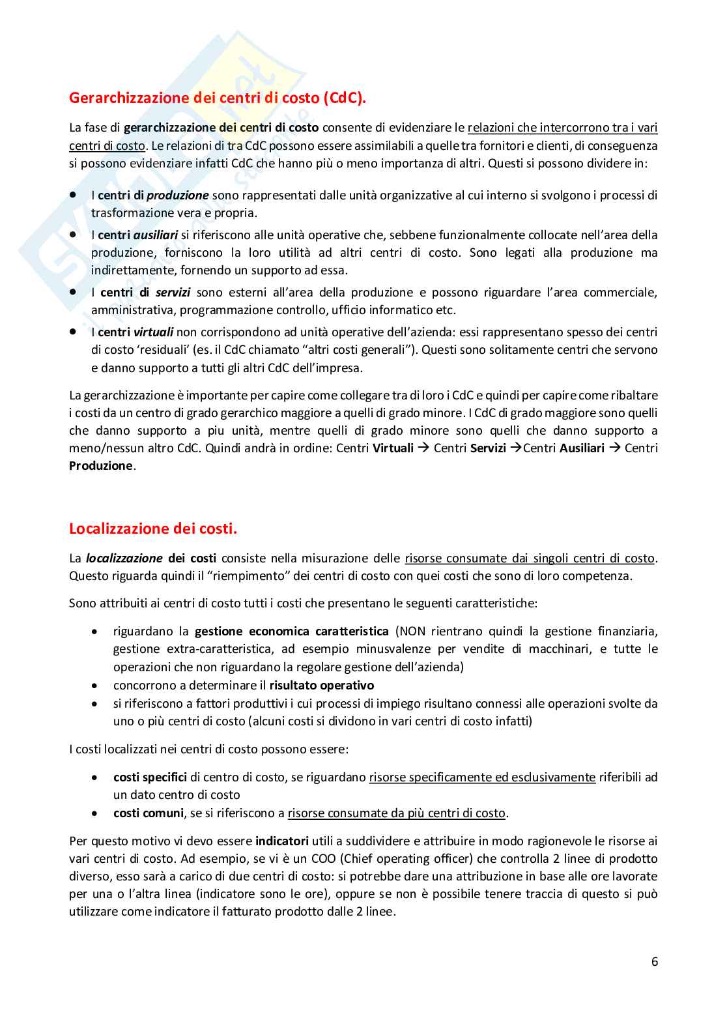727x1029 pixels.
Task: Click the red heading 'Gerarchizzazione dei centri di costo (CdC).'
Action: point(218,98)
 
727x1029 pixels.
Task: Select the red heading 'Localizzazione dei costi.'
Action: point(153,529)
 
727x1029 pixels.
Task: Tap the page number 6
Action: point(655,962)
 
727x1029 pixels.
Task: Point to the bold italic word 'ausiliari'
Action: point(156,235)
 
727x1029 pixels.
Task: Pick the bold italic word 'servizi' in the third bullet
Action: point(173,293)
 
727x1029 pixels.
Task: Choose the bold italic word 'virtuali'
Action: point(154,332)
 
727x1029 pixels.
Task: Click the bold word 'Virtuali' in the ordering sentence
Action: point(393,448)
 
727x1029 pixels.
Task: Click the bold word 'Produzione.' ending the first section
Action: point(102,466)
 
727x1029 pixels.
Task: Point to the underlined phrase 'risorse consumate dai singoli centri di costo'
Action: point(530,558)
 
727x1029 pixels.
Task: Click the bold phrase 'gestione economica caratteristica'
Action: point(291,631)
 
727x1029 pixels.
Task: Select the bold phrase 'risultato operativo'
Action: point(322,686)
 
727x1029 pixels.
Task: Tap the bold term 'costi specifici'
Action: point(150,777)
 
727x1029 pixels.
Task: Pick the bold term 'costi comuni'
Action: point(149,813)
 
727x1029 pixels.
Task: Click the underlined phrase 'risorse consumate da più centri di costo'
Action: point(397,813)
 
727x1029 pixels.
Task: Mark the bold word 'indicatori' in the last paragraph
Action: point(282,841)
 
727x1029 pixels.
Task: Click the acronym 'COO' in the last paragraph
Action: point(324,859)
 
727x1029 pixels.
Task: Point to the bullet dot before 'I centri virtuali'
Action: point(73,332)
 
